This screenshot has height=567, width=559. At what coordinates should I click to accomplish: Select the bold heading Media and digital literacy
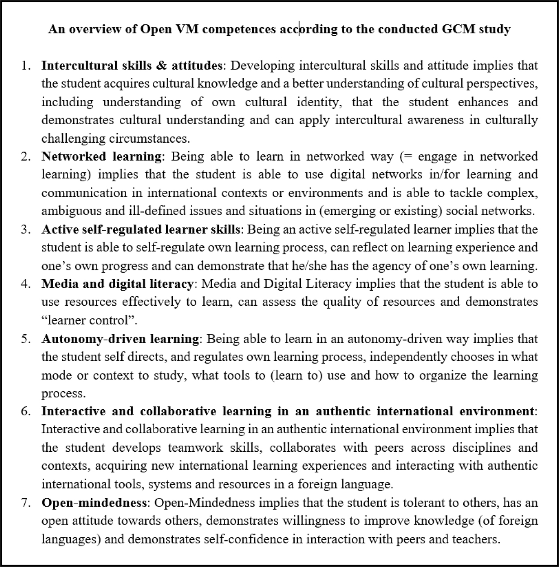click(117, 284)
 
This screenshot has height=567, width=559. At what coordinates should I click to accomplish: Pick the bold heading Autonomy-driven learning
click(120, 339)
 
